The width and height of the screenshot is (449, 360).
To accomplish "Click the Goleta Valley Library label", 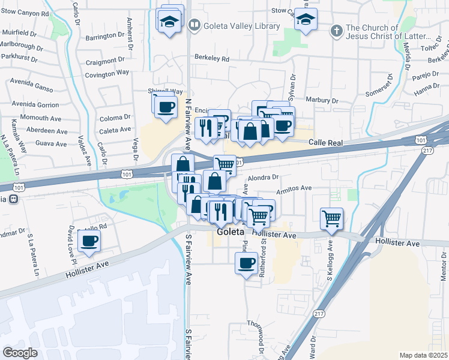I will pos(241,26).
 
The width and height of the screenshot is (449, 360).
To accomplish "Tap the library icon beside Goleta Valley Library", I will pos(194,26).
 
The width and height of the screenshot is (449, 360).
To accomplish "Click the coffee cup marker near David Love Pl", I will pos(89,241).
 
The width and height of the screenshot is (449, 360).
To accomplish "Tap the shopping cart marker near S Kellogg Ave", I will pos(331,219).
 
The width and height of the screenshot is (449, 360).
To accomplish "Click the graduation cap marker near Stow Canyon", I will pos(306,20).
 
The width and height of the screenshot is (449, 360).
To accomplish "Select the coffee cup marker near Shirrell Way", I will pos(166,107).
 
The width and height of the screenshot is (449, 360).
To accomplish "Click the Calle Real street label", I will pos(325,143).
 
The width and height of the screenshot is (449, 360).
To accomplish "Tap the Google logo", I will pos(20,353).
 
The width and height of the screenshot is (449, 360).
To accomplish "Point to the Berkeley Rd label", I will pos(212,59).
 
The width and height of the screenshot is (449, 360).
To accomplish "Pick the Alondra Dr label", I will pos(264,178).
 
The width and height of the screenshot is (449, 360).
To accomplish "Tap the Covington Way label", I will pos(107,73).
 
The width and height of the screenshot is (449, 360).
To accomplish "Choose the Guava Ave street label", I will pos(51,144).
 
